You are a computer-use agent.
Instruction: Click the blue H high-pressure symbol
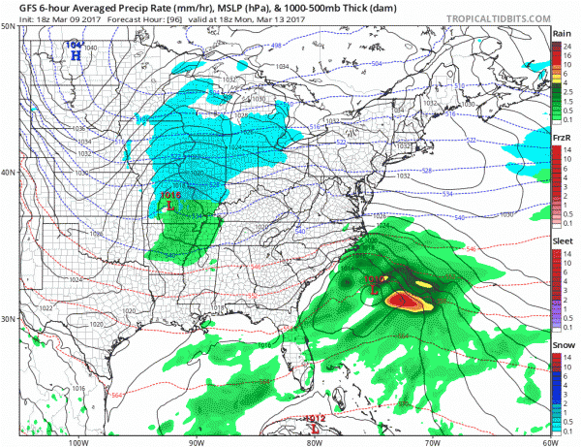(x=75, y=54)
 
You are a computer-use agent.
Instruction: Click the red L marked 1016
(x=169, y=205)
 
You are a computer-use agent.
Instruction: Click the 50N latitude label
(x=8, y=26)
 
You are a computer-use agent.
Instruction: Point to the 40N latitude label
(x=8, y=173)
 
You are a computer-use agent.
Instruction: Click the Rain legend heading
(x=561, y=33)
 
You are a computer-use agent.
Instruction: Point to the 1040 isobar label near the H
(x=90, y=48)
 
